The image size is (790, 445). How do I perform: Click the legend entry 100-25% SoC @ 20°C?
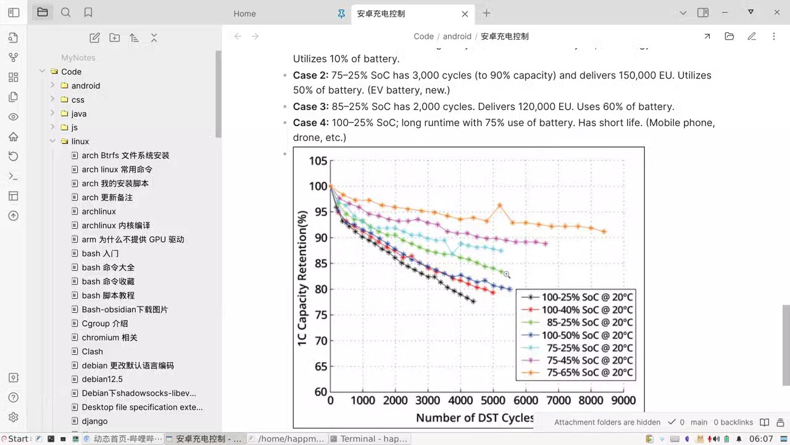pyautogui.click(x=587, y=297)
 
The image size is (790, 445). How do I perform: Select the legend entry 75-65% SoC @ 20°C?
pyautogui.click(x=589, y=373)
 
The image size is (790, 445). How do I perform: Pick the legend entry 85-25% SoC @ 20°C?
pyautogui.click(x=589, y=322)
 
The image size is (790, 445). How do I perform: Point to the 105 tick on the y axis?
pyautogui.click(x=318, y=161)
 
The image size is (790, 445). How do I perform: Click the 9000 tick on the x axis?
pyautogui.click(x=623, y=400)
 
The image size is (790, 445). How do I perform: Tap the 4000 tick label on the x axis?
pyautogui.click(x=461, y=400)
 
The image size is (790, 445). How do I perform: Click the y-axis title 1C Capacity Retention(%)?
pyautogui.click(x=302, y=279)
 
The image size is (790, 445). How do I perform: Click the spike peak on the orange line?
pyautogui.click(x=499, y=205)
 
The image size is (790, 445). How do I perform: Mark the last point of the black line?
pyautogui.click(x=473, y=301)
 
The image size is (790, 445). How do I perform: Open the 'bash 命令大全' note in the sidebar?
pyautogui.click(x=108, y=268)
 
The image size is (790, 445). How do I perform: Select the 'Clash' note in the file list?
pyautogui.click(x=93, y=352)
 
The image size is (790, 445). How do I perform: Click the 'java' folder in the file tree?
pyautogui.click(x=79, y=114)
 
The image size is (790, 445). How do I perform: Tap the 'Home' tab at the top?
pyautogui.click(x=244, y=14)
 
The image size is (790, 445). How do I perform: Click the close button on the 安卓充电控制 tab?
pyautogui.click(x=465, y=14)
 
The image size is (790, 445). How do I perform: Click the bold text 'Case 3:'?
pyautogui.click(x=310, y=106)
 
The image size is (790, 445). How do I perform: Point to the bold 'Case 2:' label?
pyautogui.click(x=310, y=75)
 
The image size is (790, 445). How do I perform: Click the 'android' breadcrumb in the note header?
pyautogui.click(x=457, y=36)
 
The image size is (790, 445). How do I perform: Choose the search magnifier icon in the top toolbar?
pyautogui.click(x=66, y=12)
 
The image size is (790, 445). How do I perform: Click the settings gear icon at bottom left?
pyautogui.click(x=14, y=417)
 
